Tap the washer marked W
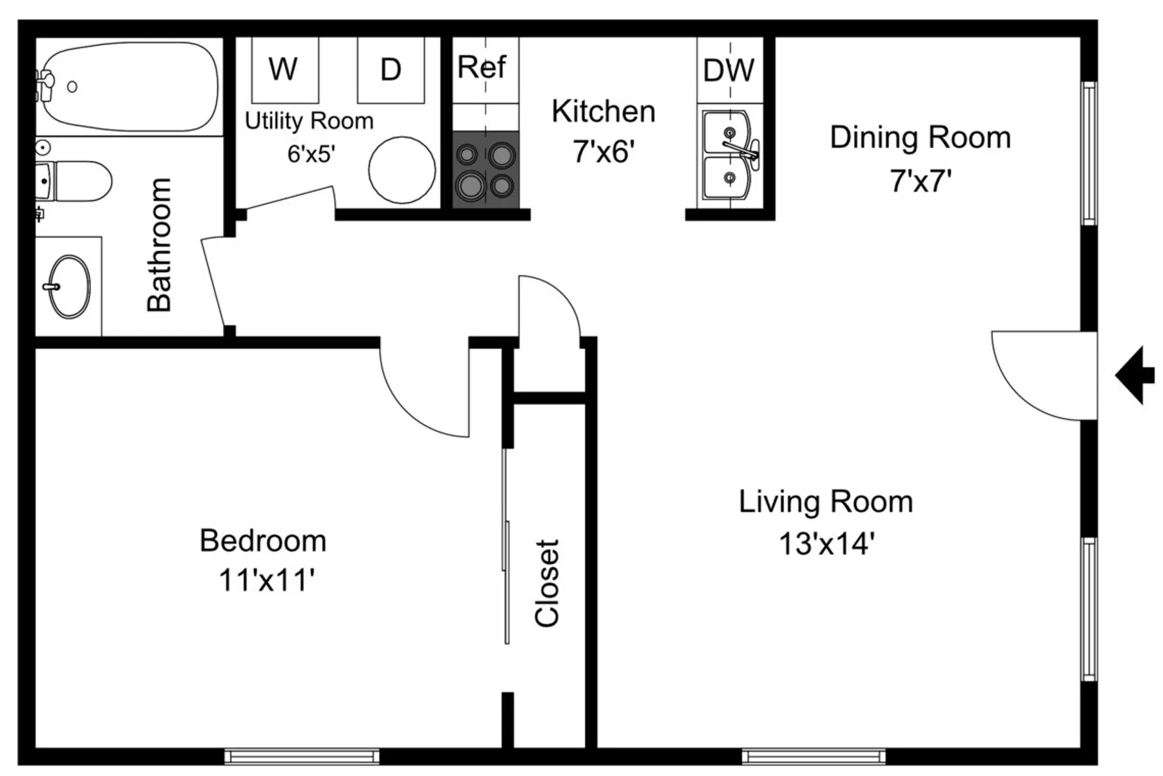[284, 70]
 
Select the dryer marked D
[391, 70]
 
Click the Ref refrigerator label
[482, 67]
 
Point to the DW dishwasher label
[729, 70]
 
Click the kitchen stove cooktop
[485, 170]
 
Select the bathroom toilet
[74, 181]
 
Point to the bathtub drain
[72, 87]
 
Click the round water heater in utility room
[402, 170]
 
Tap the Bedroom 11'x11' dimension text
[266, 580]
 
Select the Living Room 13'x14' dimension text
[826, 543]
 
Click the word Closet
[547, 583]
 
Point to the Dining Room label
[921, 138]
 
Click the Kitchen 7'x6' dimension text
[604, 152]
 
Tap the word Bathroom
[159, 244]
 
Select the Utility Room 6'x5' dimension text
[312, 154]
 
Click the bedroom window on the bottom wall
[302, 756]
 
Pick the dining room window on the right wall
[1090, 153]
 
